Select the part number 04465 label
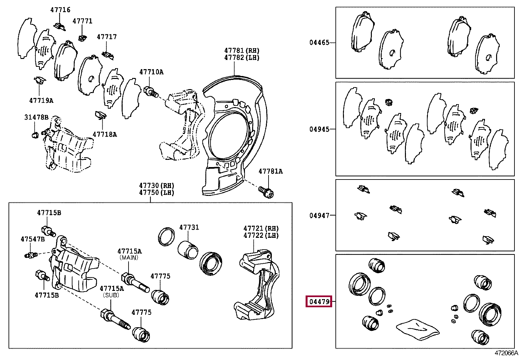point(319,43)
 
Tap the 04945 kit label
point(319,129)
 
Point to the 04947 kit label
point(319,216)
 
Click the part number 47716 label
point(60,10)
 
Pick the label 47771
point(82,21)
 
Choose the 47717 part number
point(107,37)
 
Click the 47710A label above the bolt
point(151,72)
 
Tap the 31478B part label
point(36,117)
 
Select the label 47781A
point(271,171)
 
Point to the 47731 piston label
point(189,227)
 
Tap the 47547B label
point(32,239)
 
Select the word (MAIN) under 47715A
point(129,257)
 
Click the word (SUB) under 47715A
point(111,295)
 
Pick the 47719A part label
point(41,101)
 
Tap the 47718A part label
point(105,134)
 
